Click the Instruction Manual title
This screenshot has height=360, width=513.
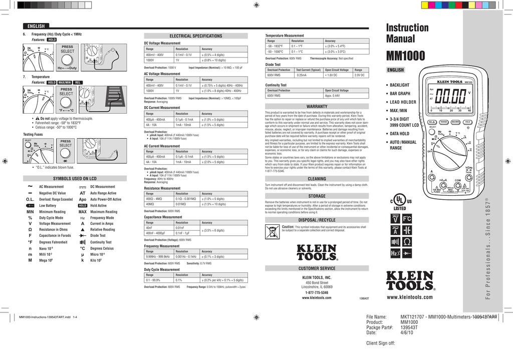[407, 33]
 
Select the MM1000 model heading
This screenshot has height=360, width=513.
[405, 55]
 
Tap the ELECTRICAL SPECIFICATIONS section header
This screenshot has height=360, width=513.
[196, 36]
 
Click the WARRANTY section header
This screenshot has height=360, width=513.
[317, 106]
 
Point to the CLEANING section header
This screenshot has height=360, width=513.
[317, 179]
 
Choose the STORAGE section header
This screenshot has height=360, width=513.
[317, 196]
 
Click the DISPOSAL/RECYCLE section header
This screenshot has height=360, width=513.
[317, 220]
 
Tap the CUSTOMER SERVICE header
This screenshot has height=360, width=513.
[317, 268]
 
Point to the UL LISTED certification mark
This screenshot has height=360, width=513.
[400, 202]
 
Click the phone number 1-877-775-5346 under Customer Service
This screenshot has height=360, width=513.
[317, 292]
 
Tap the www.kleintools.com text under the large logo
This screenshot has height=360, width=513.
[409, 297]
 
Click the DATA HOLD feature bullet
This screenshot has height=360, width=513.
[400, 134]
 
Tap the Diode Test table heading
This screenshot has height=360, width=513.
[273, 65]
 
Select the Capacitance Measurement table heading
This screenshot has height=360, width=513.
[162, 217]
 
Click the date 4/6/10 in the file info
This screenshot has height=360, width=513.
[407, 332]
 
